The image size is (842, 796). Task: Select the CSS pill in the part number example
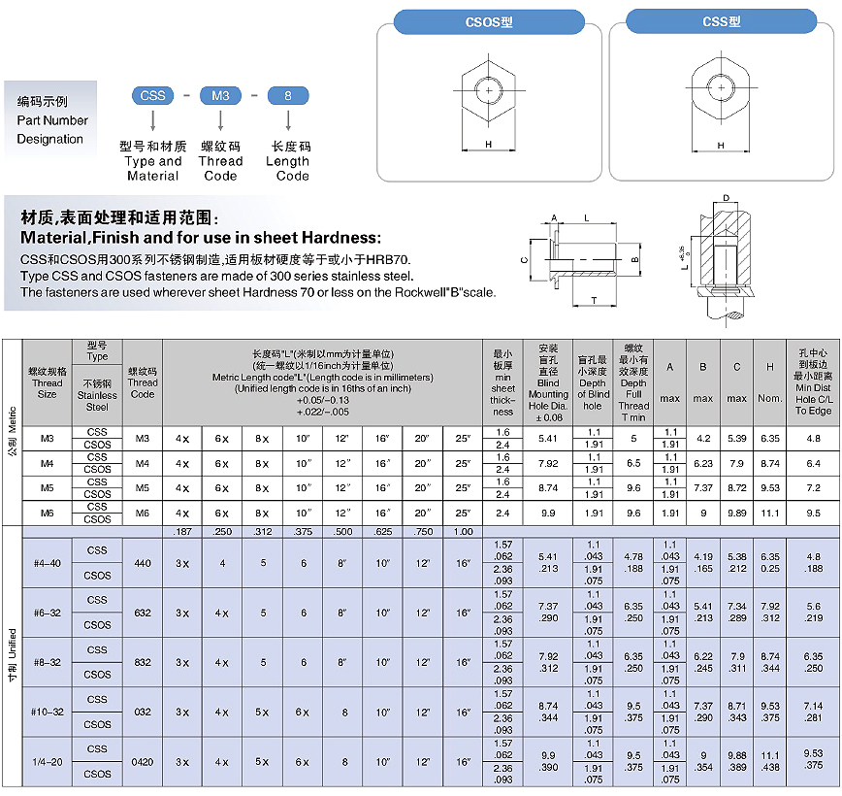152,95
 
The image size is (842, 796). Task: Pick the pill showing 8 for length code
287,95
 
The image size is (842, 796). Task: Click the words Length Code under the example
288,169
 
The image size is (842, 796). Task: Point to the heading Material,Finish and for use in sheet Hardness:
202,238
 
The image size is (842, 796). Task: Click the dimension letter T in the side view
594,301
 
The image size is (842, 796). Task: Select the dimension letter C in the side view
524,260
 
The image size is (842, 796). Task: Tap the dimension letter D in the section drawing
727,199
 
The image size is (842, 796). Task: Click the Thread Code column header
143,382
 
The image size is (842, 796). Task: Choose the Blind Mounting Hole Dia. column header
548,382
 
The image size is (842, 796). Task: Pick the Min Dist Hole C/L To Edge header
813,382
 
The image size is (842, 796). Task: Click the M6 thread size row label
47,513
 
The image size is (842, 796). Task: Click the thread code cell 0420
143,762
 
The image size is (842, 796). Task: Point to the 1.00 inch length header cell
463,532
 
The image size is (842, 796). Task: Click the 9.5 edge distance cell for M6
813,513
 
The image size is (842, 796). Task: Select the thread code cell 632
143,613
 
